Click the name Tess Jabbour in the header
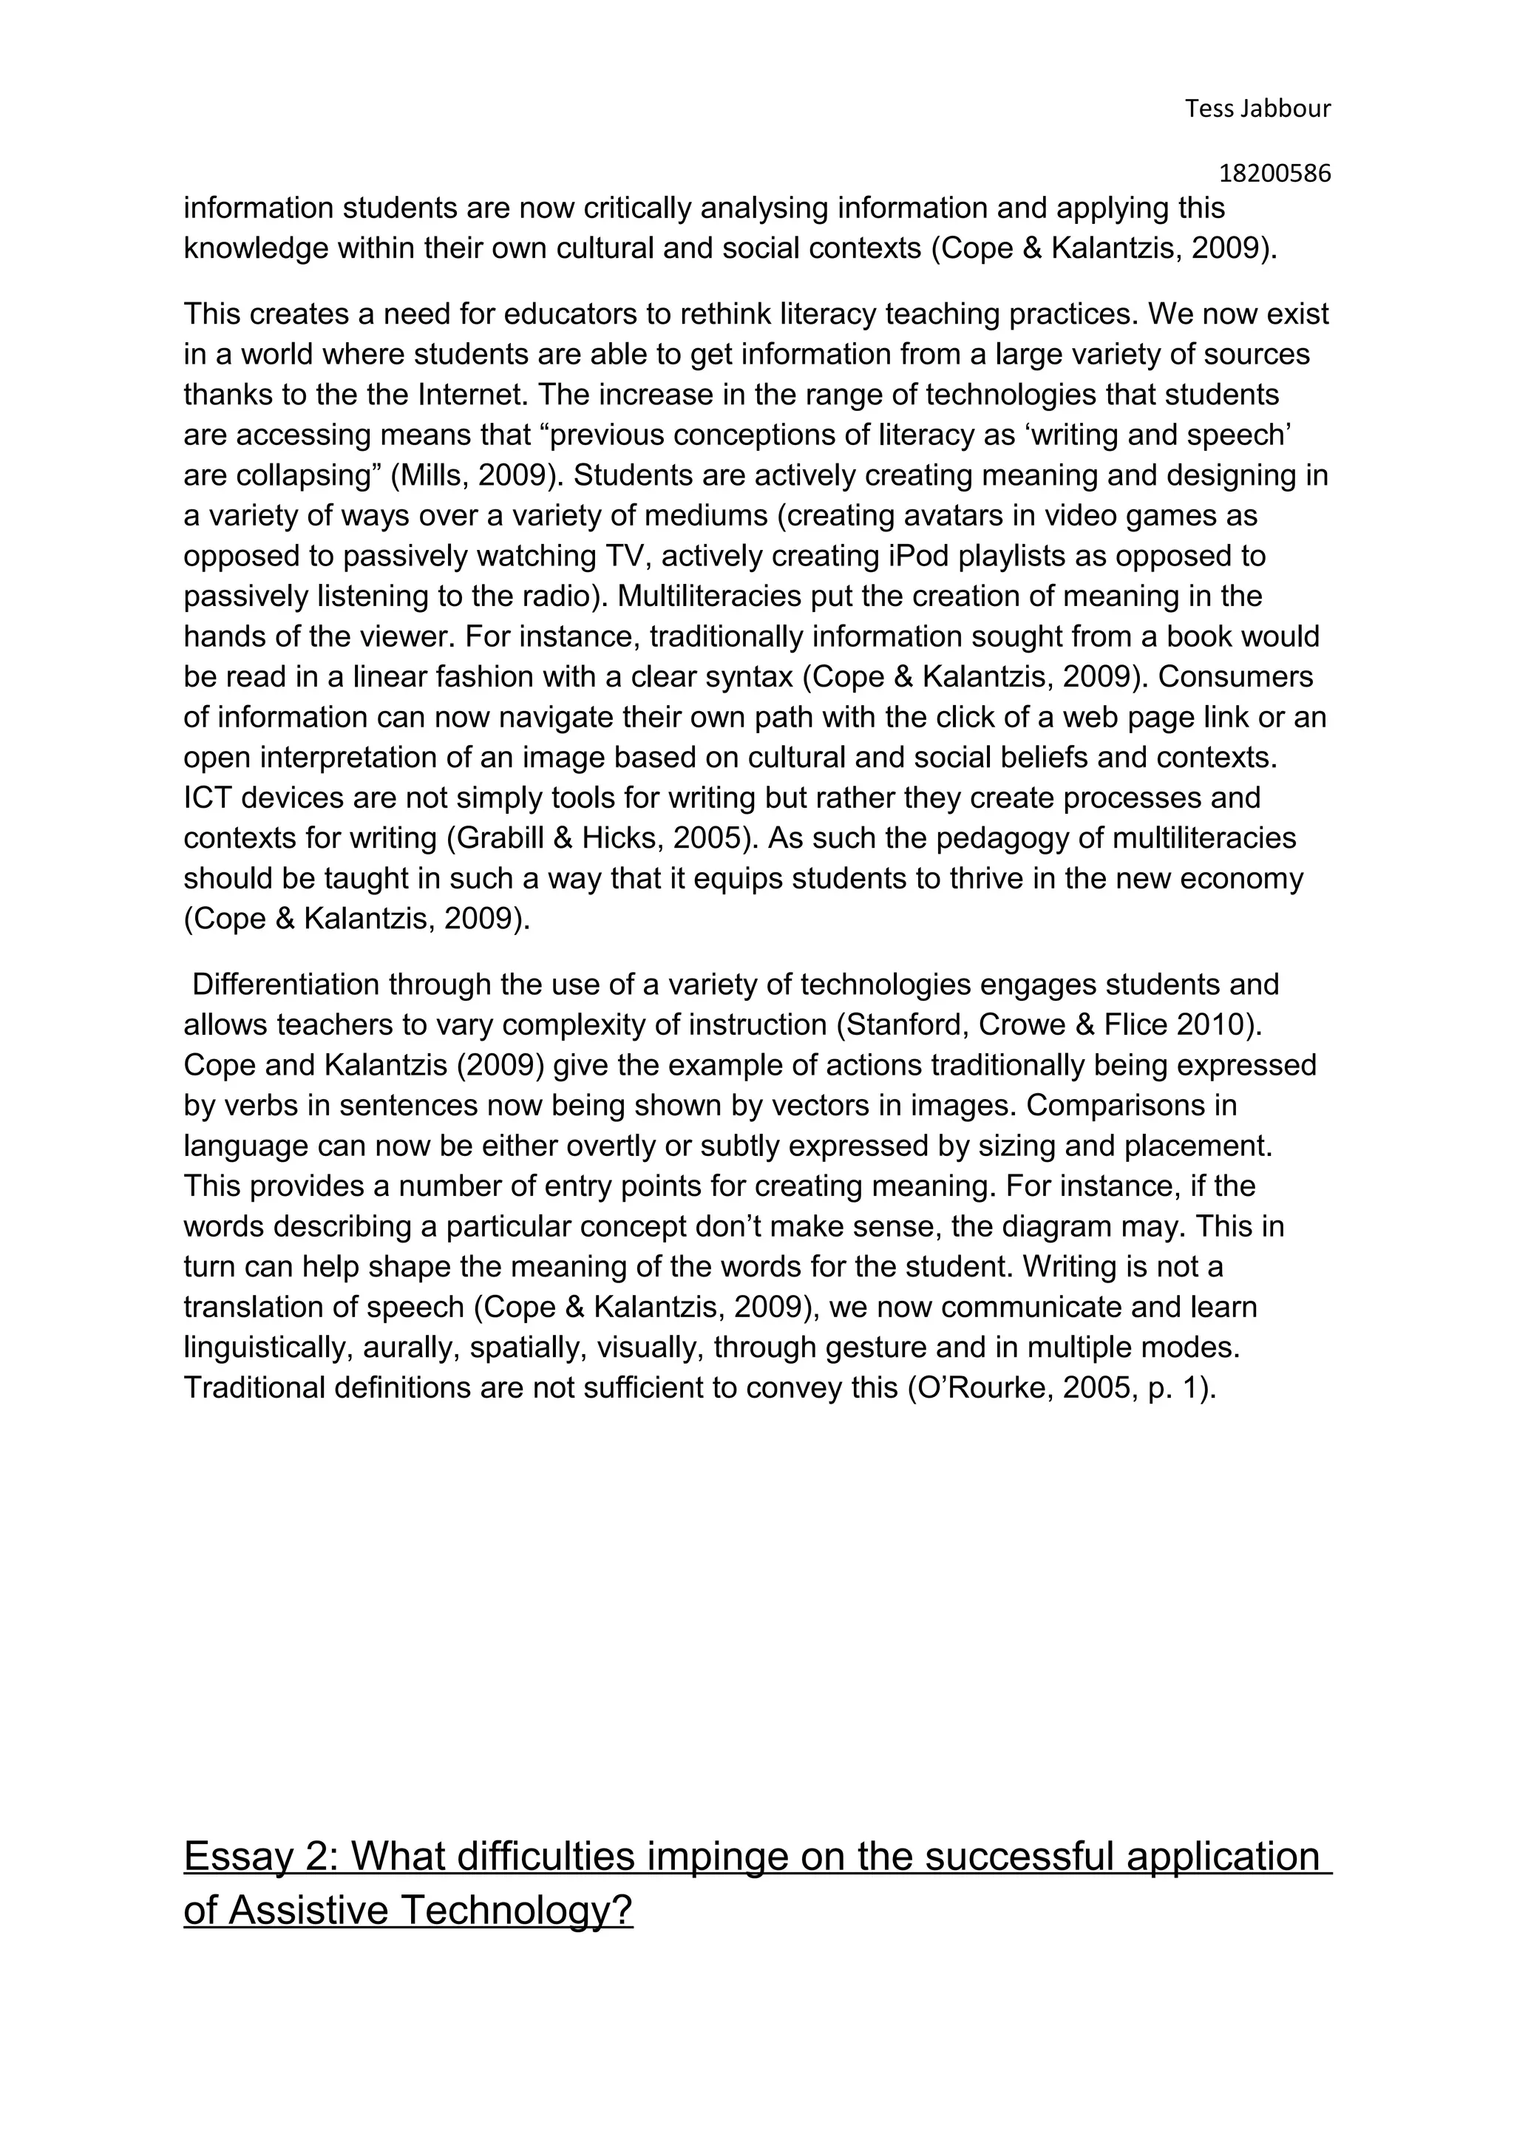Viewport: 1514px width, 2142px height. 1257,109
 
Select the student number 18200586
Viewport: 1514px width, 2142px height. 1274,174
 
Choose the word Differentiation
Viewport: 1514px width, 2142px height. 285,985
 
